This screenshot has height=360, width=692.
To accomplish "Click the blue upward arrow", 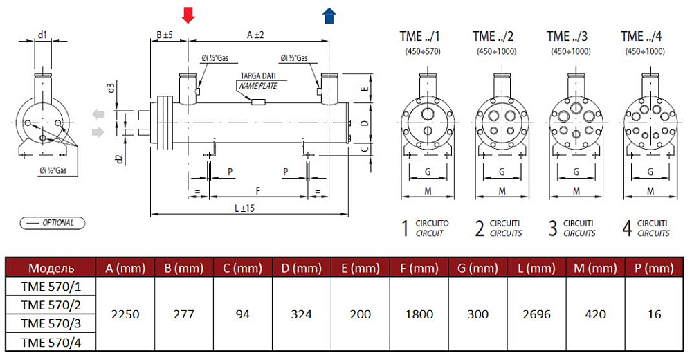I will [x=329, y=15].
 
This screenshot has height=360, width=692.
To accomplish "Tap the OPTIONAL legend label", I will [x=53, y=223].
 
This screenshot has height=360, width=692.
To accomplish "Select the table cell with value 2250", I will [x=125, y=314].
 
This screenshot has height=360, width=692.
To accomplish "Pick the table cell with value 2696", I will [x=537, y=314].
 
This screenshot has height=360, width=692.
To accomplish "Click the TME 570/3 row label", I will [x=51, y=323].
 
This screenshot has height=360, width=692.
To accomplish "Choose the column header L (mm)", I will [x=537, y=268].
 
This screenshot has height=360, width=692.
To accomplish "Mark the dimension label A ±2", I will [x=255, y=34].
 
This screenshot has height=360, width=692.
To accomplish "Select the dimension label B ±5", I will [x=164, y=34].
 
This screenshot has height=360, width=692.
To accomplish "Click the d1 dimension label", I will [x=42, y=34].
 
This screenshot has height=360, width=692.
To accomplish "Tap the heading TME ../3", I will [x=567, y=36].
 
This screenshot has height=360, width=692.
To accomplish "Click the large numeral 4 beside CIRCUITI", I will [x=627, y=228].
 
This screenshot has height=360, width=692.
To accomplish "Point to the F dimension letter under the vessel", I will [x=257, y=188].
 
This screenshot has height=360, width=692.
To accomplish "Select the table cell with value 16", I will [x=655, y=314].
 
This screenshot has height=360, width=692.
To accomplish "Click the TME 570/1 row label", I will [x=51, y=287].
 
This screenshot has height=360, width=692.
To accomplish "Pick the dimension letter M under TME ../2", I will [x=502, y=190].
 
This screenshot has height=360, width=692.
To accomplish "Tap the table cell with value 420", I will [x=596, y=314].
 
